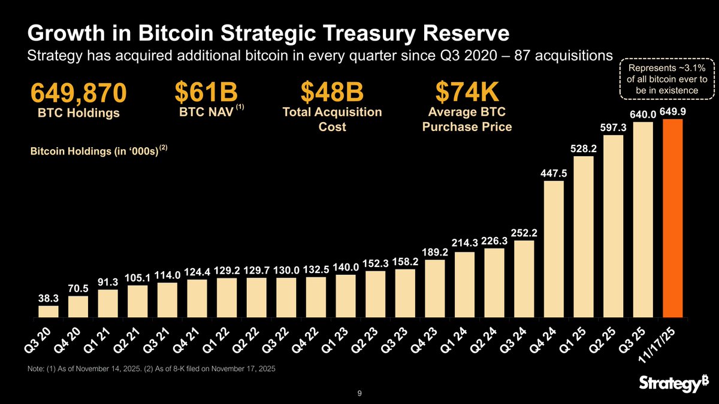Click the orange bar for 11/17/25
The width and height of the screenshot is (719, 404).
pos(673,218)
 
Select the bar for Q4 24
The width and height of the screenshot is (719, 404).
pos(554,248)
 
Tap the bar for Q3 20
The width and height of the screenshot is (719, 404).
pos(49,311)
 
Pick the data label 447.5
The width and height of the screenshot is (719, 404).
pos(554,173)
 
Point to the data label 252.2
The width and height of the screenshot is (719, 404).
pos(524,232)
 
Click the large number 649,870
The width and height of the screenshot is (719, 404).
pos(78,93)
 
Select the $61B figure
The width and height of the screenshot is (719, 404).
pos(206,93)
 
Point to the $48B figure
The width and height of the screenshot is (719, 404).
pos(332,93)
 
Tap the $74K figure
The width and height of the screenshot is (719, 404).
pos(467,93)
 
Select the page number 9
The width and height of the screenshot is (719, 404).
pos(359,393)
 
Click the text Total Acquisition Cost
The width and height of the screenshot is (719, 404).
pos(332,119)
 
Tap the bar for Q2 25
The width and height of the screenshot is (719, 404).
pos(614,226)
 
